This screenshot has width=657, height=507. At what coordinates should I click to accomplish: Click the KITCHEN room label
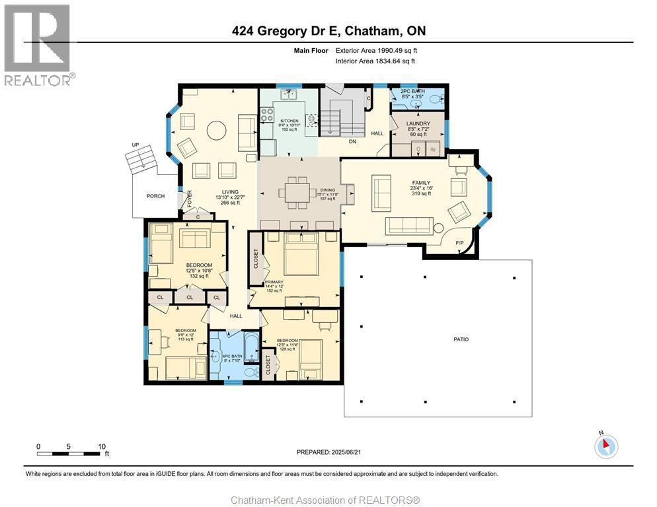click(x=289, y=121)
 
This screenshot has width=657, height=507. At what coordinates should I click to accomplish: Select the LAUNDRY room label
click(x=418, y=123)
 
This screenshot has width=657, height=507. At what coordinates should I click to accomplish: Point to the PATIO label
click(x=461, y=339)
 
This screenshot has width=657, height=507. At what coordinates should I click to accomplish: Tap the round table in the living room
click(x=217, y=130)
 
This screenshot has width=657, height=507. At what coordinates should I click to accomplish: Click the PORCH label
click(x=156, y=196)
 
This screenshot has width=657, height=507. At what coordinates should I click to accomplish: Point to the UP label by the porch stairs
click(x=136, y=144)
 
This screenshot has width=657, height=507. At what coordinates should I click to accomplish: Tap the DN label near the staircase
click(x=352, y=141)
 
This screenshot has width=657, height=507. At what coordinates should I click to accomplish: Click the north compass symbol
click(x=606, y=446)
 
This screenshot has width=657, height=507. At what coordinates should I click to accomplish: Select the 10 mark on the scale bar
click(x=102, y=446)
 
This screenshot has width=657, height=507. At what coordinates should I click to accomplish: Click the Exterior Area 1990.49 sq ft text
click(x=377, y=50)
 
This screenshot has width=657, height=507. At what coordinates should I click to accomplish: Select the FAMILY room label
click(x=421, y=183)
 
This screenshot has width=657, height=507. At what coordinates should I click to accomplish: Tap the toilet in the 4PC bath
click(x=250, y=372)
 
